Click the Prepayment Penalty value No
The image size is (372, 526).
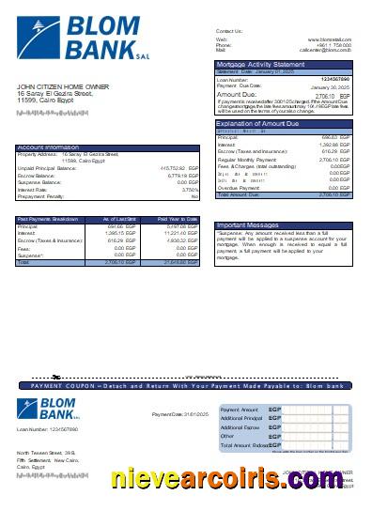click(194, 195)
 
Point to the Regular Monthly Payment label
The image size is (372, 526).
click(245, 161)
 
